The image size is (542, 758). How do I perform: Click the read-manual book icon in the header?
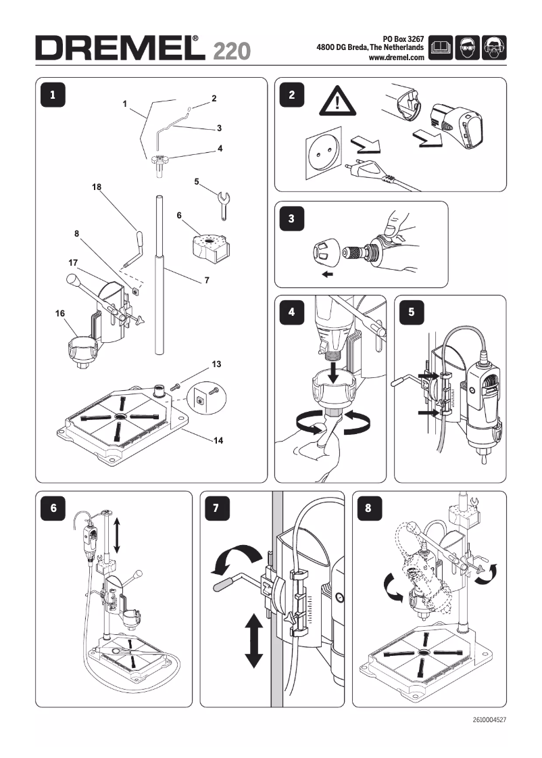[x=441, y=48]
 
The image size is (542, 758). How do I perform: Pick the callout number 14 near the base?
[x=218, y=440]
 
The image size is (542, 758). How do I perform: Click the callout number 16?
[x=60, y=314]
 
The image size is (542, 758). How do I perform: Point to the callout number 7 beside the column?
[x=206, y=279]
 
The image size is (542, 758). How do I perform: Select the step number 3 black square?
[x=291, y=218]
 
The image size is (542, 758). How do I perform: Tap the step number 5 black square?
[x=412, y=312]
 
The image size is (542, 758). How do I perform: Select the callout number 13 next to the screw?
[x=216, y=364]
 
